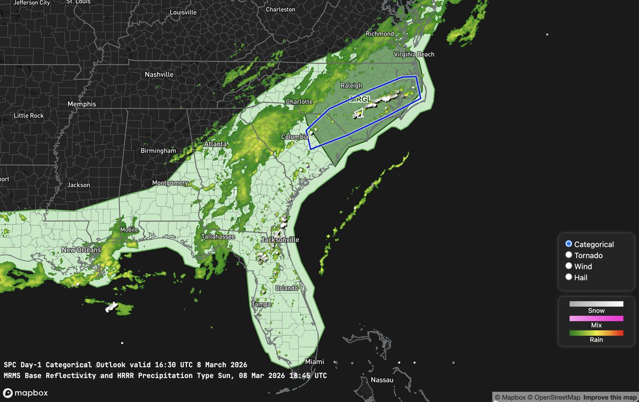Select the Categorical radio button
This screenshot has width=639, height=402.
pyautogui.click(x=569, y=244)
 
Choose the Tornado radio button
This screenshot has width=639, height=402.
pyautogui.click(x=569, y=255)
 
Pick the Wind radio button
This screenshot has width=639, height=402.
pyautogui.click(x=569, y=266)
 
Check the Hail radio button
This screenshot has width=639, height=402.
pyautogui.click(x=569, y=277)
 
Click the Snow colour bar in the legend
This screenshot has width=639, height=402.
pyautogui.click(x=596, y=304)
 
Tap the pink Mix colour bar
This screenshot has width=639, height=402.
pyautogui.click(x=596, y=318)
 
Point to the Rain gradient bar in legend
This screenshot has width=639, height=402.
pyautogui.click(x=596, y=333)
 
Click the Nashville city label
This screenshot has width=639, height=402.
pyautogui.click(x=159, y=75)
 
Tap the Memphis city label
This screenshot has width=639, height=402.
pyautogui.click(x=82, y=104)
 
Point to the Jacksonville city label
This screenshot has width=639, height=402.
pyautogui.click(x=280, y=240)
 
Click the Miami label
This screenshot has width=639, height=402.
pyautogui.click(x=314, y=362)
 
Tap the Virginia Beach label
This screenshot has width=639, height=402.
pyautogui.click(x=414, y=54)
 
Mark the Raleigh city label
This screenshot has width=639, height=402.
pyautogui.click(x=351, y=86)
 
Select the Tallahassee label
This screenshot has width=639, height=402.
pyautogui.click(x=218, y=237)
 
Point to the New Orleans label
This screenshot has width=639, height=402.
pyautogui.click(x=81, y=250)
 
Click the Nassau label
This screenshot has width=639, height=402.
pyautogui.click(x=382, y=380)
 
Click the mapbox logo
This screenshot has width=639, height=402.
pyautogui.click(x=25, y=393)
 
